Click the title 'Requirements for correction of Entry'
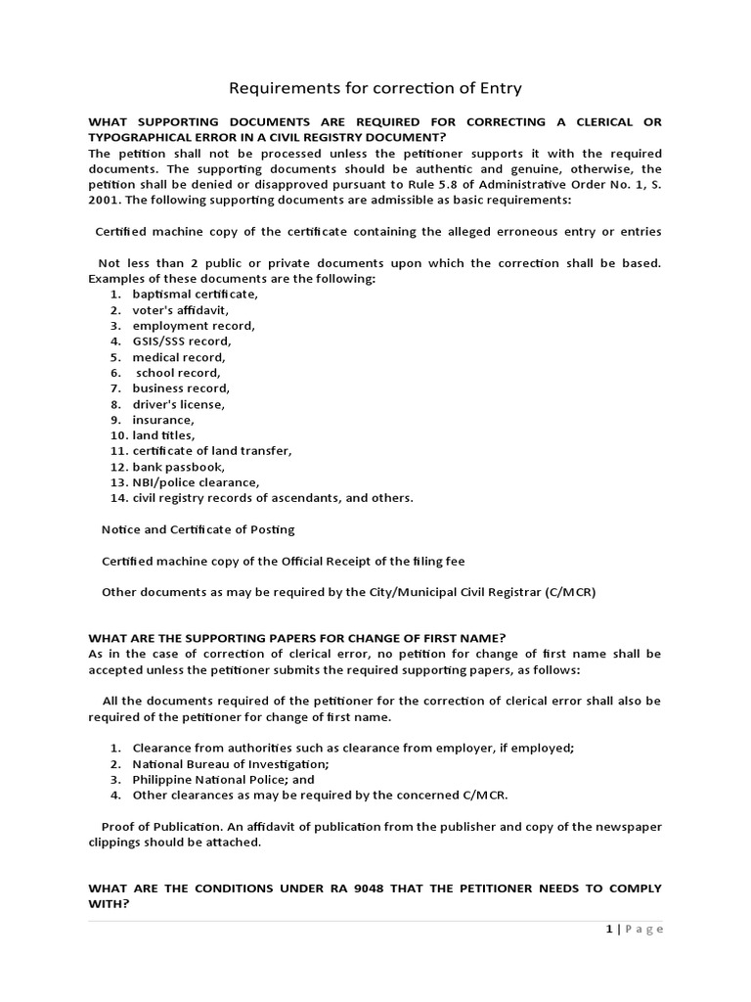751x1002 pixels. (375, 89)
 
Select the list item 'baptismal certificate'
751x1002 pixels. (196, 294)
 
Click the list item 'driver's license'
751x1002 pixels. (179, 404)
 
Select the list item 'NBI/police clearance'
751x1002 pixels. (197, 482)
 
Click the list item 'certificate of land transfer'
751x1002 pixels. (212, 451)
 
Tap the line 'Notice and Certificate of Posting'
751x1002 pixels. (199, 529)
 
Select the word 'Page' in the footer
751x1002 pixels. (643, 930)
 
